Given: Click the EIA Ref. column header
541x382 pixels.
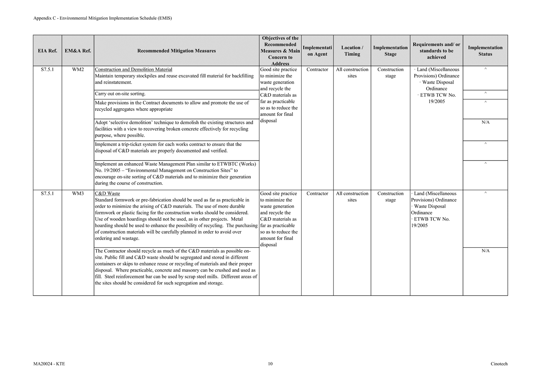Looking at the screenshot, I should click(47, 51).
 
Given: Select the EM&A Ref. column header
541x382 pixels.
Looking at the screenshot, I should click(78, 51).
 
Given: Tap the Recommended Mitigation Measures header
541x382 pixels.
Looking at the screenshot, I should click(176, 51).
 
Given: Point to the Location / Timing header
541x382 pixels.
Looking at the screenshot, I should click(352, 51).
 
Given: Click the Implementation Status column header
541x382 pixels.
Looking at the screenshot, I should click(485, 51).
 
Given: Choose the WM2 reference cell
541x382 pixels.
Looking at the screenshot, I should click(78, 70).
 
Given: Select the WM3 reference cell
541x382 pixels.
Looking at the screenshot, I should click(78, 194).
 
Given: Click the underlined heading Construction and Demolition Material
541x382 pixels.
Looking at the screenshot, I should click(133, 70).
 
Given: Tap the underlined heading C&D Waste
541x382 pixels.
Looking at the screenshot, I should click(107, 194).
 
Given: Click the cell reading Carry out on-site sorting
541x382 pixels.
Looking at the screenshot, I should click(120, 94).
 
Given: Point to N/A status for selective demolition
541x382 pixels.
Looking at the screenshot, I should click(485, 122).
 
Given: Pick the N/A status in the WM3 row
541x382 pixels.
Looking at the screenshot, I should click(485, 251).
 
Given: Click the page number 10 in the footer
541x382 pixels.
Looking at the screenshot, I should click(270, 364).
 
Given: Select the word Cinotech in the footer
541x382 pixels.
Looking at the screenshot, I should click(499, 364).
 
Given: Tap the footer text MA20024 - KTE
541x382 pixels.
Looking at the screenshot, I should click(49, 364).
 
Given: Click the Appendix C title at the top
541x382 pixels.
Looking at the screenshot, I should click(103, 18).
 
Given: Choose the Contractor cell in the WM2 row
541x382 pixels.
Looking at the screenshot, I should click(317, 70).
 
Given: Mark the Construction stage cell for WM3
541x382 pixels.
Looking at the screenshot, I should click(390, 197).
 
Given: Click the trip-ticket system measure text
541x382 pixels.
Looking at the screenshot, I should click(168, 147).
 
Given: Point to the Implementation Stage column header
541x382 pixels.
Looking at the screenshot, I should click(390, 51).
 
